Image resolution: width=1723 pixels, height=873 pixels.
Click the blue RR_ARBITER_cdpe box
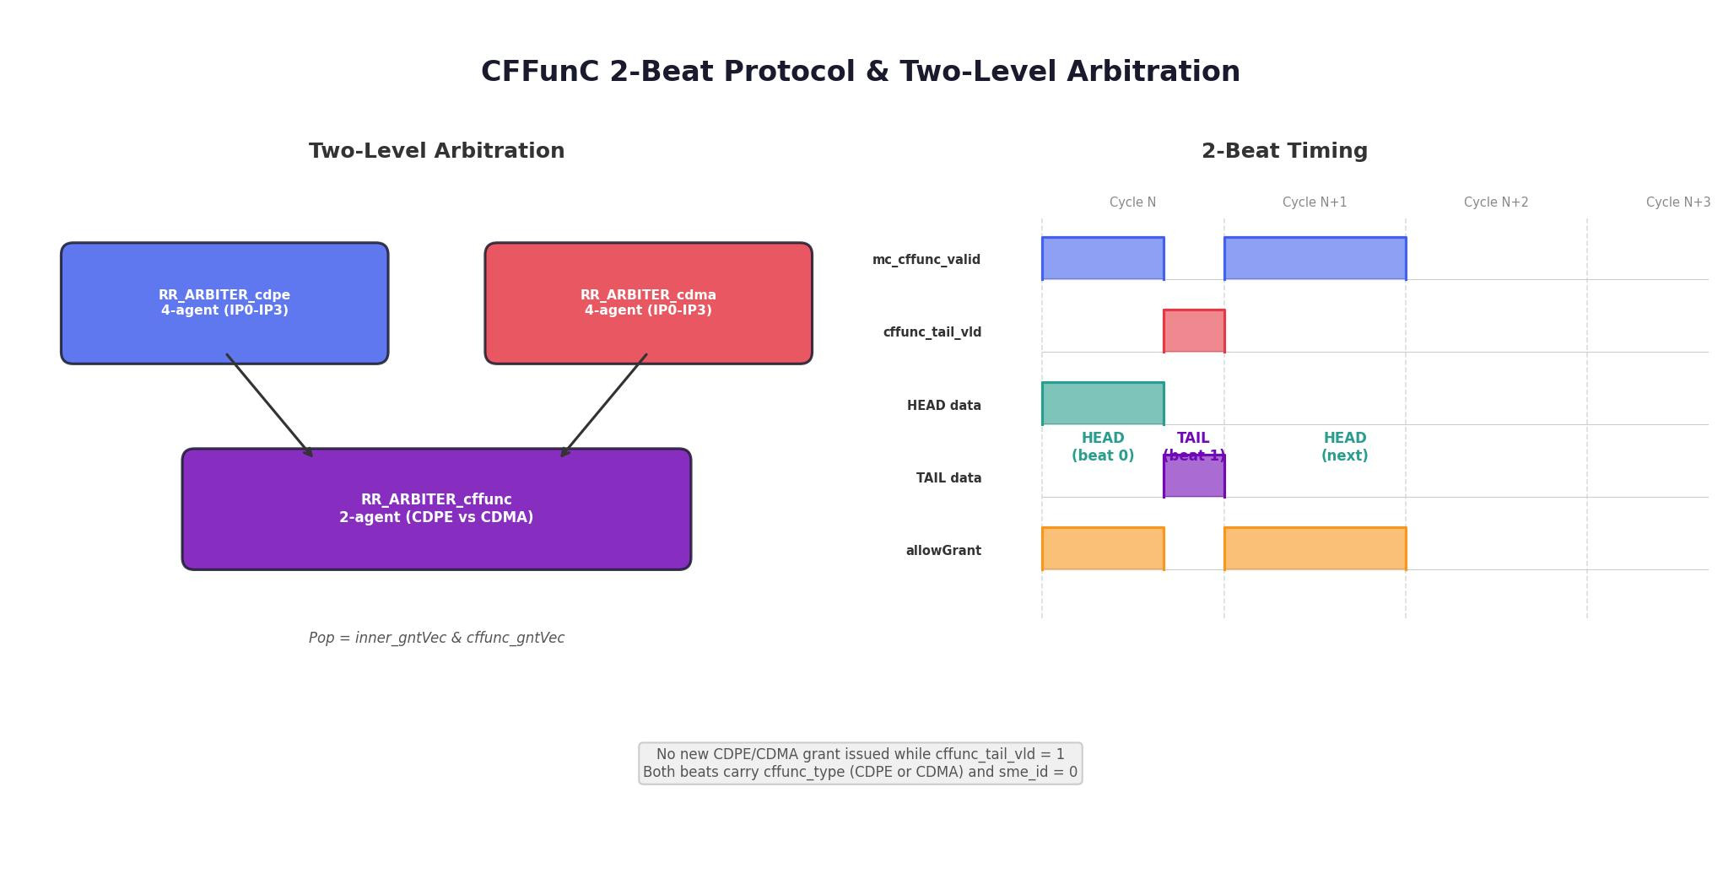click(x=224, y=304)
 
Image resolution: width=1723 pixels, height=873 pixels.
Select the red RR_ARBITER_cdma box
click(x=648, y=304)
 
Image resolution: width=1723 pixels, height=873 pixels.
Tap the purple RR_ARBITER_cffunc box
click(x=436, y=509)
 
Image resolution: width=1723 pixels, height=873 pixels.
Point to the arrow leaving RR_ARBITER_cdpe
click(x=269, y=406)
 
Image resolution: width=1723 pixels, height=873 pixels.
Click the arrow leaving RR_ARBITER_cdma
click(x=603, y=406)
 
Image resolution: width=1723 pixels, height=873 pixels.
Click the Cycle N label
click(x=1132, y=202)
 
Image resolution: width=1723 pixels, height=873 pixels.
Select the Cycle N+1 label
click(x=1315, y=202)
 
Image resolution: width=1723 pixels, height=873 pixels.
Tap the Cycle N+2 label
click(x=1496, y=202)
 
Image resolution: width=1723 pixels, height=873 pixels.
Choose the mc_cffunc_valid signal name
click(x=926, y=260)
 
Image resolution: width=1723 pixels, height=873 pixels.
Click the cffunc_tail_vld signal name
click(x=932, y=332)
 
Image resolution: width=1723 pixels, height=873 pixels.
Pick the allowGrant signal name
click(x=943, y=551)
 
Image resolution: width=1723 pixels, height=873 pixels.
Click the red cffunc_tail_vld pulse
click(x=1194, y=331)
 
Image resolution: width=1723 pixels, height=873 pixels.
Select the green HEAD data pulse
click(x=1103, y=403)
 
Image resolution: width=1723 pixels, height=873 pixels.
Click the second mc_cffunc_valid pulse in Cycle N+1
click(x=1315, y=258)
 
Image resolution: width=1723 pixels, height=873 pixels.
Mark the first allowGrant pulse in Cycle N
click(x=1103, y=548)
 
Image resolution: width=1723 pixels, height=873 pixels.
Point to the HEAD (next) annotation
click(x=1345, y=447)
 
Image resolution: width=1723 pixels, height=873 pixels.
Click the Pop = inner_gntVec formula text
click(x=436, y=638)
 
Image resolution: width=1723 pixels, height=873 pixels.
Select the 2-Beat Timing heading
click(x=1284, y=151)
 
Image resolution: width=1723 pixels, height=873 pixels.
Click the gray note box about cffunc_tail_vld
click(x=860, y=763)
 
